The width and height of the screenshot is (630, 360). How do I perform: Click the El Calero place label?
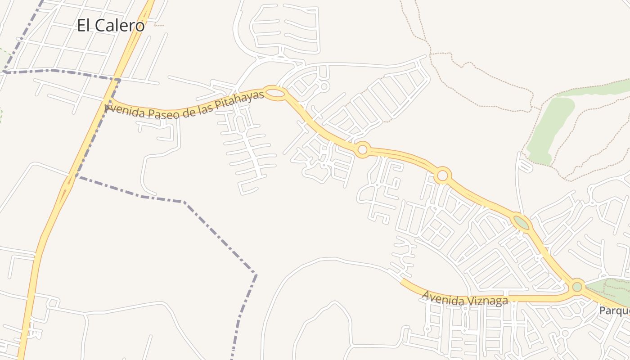click(x=111, y=25)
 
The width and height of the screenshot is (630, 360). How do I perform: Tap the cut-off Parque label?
click(x=615, y=310)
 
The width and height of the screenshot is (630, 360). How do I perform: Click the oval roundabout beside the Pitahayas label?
click(x=275, y=93)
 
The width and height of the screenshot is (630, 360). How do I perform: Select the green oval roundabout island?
click(x=522, y=222)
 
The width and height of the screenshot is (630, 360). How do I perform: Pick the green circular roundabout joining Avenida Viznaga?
click(x=577, y=286)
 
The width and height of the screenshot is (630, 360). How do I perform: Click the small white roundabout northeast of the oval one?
click(x=324, y=85)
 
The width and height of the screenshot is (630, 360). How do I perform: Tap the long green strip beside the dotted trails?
click(x=550, y=128)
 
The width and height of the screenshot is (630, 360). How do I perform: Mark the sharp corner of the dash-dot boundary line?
click(x=256, y=274)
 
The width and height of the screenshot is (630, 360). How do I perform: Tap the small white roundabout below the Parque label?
click(x=565, y=333)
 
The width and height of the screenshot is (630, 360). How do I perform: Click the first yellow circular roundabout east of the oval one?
click(x=362, y=149)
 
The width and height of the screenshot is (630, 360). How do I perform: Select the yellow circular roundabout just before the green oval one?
click(x=443, y=175)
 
